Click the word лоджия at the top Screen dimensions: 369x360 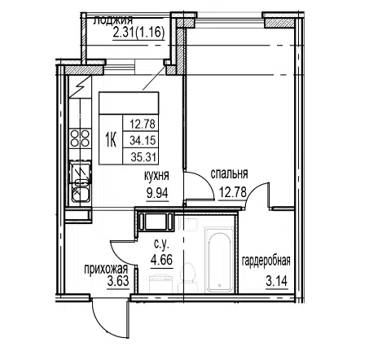click(113, 20)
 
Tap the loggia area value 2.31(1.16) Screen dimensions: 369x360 click(138, 33)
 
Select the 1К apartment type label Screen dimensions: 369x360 click(111, 140)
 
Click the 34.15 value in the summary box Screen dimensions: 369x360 click(143, 140)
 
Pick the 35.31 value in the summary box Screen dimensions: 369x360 click(143, 157)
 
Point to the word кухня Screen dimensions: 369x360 click(156, 176)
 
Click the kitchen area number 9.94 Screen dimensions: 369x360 click(157, 193)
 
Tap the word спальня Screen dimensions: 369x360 click(229, 173)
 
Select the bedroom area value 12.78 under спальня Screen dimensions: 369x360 click(232, 192)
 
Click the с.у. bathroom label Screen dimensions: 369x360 click(161, 244)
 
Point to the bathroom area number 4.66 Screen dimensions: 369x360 click(162, 260)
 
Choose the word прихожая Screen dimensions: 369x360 click(106, 270)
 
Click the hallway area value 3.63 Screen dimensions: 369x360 click(118, 281)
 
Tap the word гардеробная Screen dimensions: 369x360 click(266, 261)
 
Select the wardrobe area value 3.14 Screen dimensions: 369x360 click(277, 281)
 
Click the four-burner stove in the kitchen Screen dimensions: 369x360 click(80, 138)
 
